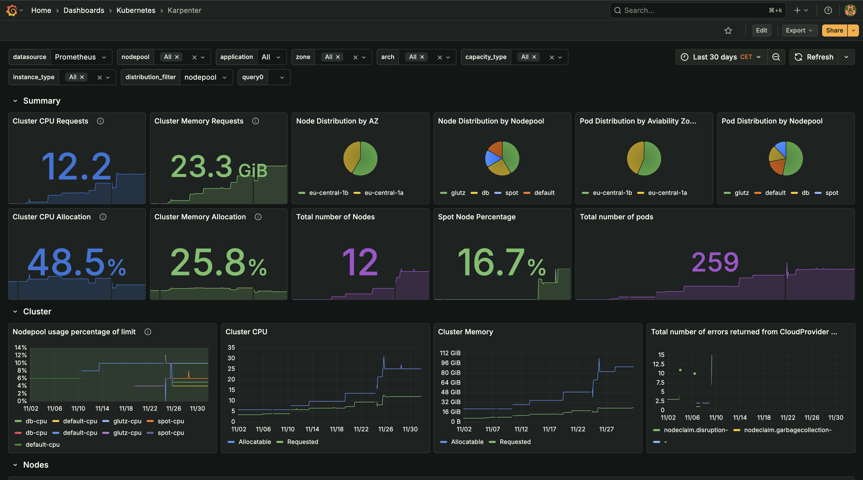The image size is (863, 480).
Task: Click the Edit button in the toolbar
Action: pyautogui.click(x=761, y=31)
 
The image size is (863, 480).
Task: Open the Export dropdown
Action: pyautogui.click(x=799, y=31)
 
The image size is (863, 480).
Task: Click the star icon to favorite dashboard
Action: pyautogui.click(x=728, y=31)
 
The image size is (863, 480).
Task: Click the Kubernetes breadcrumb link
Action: pyautogui.click(x=136, y=10)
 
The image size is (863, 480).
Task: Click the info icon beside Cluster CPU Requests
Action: pyautogui.click(x=100, y=121)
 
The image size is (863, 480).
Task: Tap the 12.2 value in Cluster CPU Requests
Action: pyautogui.click(x=76, y=166)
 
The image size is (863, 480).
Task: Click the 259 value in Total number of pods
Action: pyautogui.click(x=715, y=262)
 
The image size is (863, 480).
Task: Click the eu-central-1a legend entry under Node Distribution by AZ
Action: pyautogui.click(x=383, y=193)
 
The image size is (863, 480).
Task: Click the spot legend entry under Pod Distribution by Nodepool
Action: pyautogui.click(x=831, y=193)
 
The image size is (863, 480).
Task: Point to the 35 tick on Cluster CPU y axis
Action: pyautogui.click(x=231, y=347)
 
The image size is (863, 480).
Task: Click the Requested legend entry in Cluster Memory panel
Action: pyautogui.click(x=515, y=442)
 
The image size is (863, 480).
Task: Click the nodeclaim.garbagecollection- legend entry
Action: pyautogui.click(x=787, y=430)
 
